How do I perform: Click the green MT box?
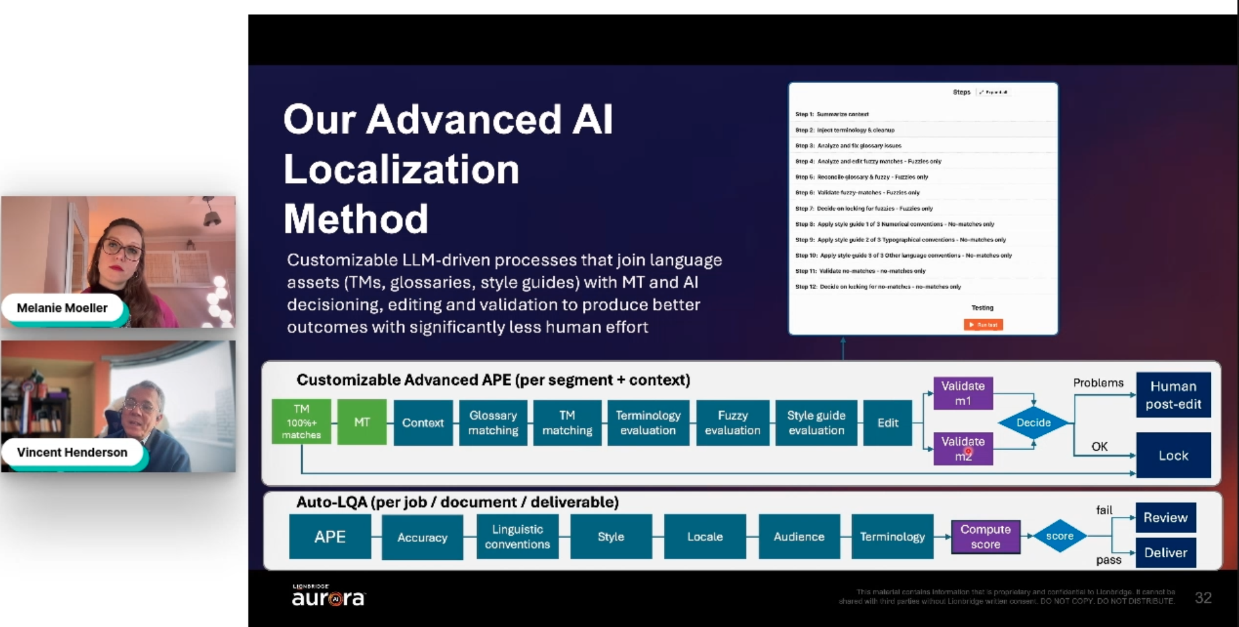(362, 422)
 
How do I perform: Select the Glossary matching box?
(493, 422)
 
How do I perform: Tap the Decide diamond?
(1033, 422)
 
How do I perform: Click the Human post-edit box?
(1173, 395)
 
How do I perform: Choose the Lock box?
(1173, 455)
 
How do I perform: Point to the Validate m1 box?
(963, 393)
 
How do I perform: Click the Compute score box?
(985, 536)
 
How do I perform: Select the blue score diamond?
(1059, 536)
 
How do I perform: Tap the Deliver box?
(1165, 553)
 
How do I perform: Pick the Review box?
(1165, 518)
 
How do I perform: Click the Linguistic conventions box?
(517, 536)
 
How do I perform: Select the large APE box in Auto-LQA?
(329, 536)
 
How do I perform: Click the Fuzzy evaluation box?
(732, 422)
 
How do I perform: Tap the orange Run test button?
(983, 325)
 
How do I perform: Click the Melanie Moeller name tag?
(62, 308)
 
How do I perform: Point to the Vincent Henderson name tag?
(72, 452)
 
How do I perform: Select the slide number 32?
(1203, 597)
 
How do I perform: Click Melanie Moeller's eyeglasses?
(122, 249)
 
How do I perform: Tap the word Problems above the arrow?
(1097, 383)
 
